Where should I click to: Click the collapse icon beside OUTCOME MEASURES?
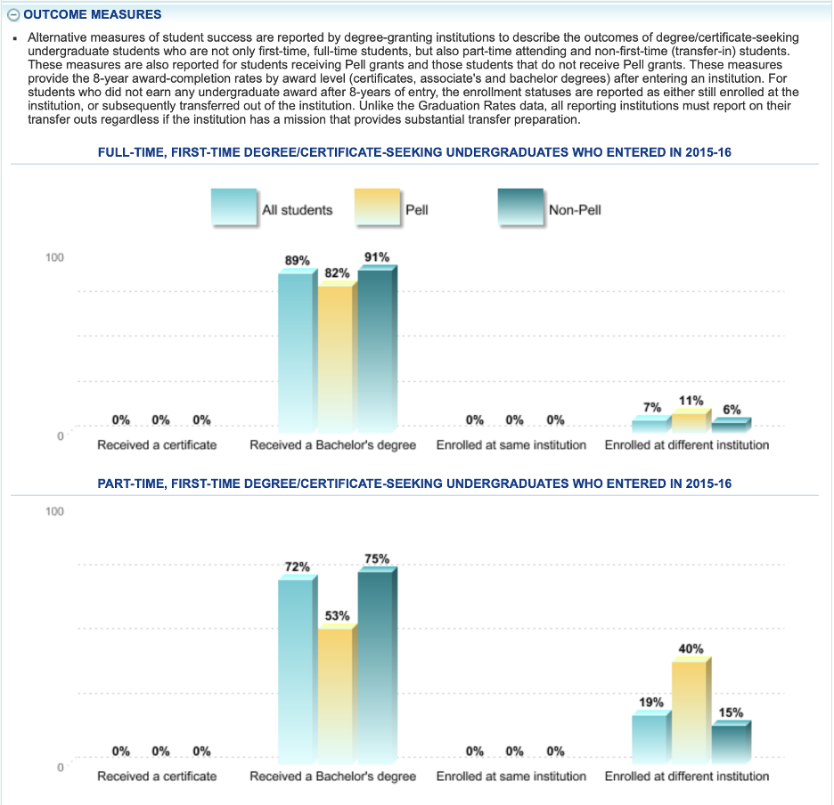[x=12, y=15]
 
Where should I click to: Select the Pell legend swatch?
[x=377, y=210]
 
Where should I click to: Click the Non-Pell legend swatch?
[x=520, y=210]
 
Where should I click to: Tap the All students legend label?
[x=297, y=210]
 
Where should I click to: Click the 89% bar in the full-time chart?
[x=296, y=352]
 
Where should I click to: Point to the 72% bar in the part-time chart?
[x=296, y=668]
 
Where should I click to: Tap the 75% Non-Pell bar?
[x=375, y=663]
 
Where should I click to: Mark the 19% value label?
[x=651, y=702]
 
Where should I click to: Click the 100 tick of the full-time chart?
[x=55, y=257]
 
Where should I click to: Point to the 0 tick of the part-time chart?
[x=60, y=768]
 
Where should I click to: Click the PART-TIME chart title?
[x=414, y=484]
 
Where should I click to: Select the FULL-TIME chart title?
[x=414, y=152]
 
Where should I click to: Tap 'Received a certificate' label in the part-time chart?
[x=157, y=776]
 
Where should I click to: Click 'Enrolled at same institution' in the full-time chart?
[x=511, y=444]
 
